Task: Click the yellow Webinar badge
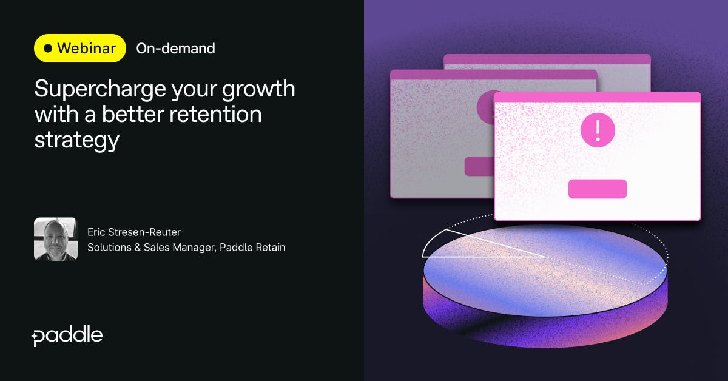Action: [x=80, y=49]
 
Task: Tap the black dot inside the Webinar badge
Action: [x=48, y=49]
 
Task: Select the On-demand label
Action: [x=175, y=49]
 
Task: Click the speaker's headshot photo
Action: [x=56, y=239]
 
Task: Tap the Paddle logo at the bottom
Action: [x=67, y=335]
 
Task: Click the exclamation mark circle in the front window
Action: [x=598, y=129]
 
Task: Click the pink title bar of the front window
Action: [x=597, y=98]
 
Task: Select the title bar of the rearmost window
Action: [x=547, y=59]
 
